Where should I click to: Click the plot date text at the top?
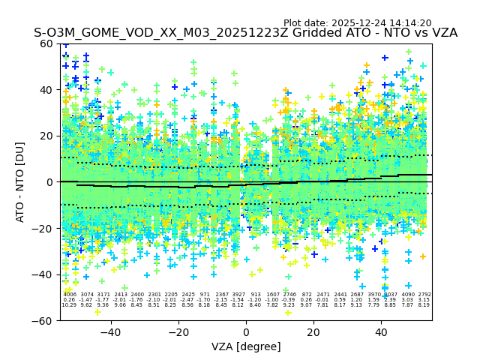pyautogui.click(x=357, y=23)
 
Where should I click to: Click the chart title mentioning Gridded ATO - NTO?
pyautogui.click(x=245, y=34)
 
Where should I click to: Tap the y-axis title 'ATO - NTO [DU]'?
pyautogui.click(x=21, y=182)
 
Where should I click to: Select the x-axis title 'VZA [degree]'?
pyautogui.click(x=246, y=346)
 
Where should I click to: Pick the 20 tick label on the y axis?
pyautogui.click(x=48, y=136)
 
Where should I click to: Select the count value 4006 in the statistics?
pyautogui.click(x=70, y=295)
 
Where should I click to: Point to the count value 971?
pyautogui.click(x=205, y=295)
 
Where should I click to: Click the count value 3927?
pyautogui.click(x=238, y=295)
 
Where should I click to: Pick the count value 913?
pyautogui.click(x=256, y=295)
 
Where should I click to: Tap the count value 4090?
pyautogui.click(x=407, y=295)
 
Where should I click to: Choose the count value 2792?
pyautogui.click(x=424, y=295)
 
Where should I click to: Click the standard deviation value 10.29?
pyautogui.click(x=70, y=305)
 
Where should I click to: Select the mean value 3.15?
pyautogui.click(x=424, y=300)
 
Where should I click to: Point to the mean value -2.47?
pyautogui.click(x=187, y=300)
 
